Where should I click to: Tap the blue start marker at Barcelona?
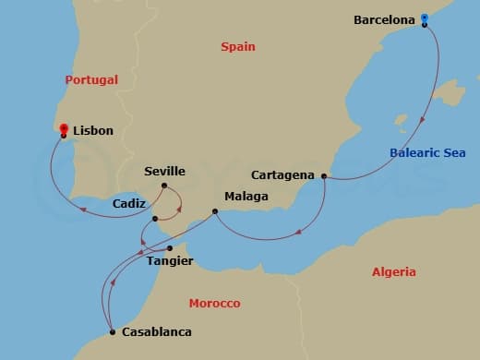pyautogui.click(x=424, y=18)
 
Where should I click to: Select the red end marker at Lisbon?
pyautogui.click(x=63, y=129)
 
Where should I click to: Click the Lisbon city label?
pyautogui.click(x=92, y=131)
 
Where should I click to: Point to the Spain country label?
pyautogui.click(x=238, y=46)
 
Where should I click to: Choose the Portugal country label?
pyautogui.click(x=91, y=79)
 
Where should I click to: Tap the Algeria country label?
pyautogui.click(x=394, y=271)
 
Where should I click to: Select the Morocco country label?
pyautogui.click(x=214, y=303)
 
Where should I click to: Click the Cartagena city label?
pyautogui.click(x=283, y=174)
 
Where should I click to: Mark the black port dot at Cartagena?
pyautogui.click(x=324, y=175)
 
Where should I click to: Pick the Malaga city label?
pyautogui.click(x=246, y=197)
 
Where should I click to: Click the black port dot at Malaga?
pyautogui.click(x=215, y=211)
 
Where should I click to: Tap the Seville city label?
pyautogui.click(x=165, y=171)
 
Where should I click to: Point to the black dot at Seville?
pyautogui.click(x=164, y=186)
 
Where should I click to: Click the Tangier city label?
pyautogui.click(x=170, y=261)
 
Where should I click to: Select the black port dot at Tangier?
pyautogui.click(x=169, y=247)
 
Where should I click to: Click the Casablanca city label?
pyautogui.click(x=158, y=332)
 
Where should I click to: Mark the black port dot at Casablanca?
pyautogui.click(x=112, y=332)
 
